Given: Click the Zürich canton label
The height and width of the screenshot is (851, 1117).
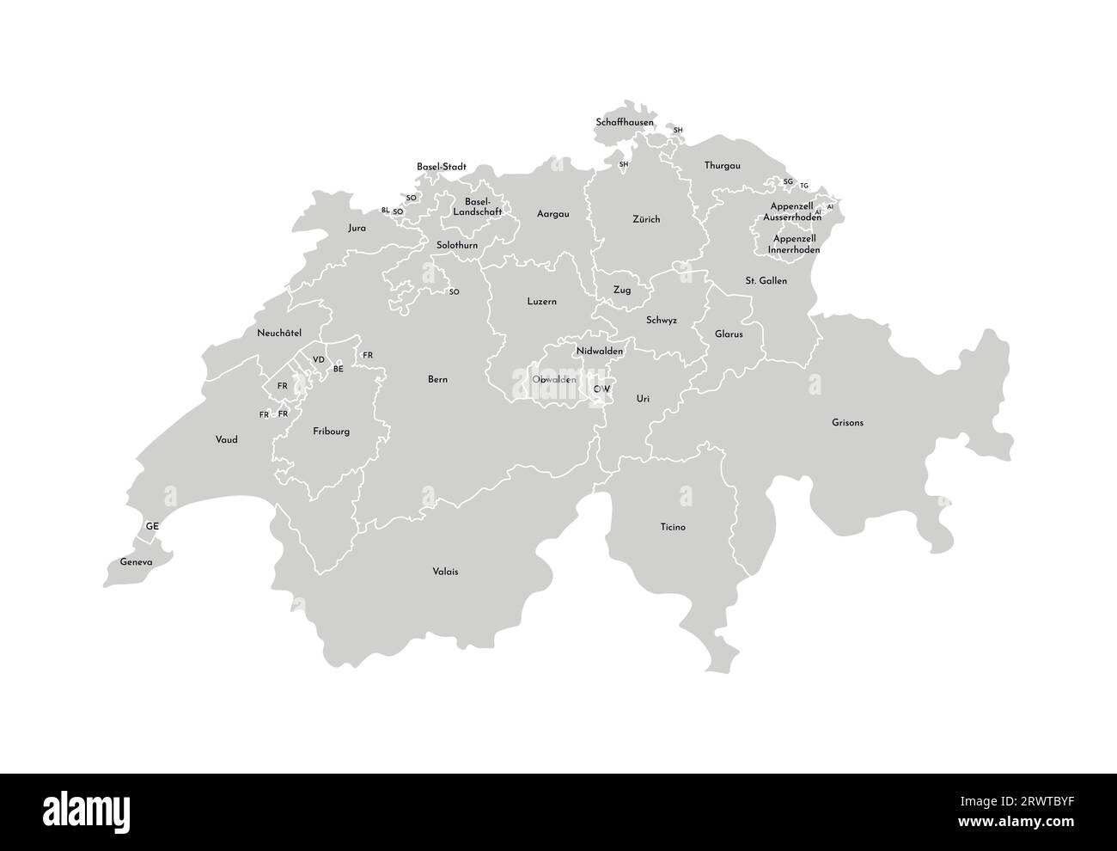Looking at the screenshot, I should [x=646, y=219].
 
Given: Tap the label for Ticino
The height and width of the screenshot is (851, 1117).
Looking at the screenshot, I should [x=673, y=527].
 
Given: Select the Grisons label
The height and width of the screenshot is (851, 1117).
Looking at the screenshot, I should [x=847, y=423].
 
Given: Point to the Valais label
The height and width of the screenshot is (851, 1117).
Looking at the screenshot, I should [x=445, y=571].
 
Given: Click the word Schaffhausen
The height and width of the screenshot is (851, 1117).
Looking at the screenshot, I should [x=625, y=123].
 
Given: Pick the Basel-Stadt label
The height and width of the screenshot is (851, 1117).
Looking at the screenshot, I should [x=441, y=166].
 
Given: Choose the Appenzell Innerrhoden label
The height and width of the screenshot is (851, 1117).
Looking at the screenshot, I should [x=793, y=243].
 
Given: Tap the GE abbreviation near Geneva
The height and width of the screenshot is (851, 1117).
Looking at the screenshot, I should [x=152, y=525].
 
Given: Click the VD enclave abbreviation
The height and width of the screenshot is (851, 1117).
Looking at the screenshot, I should [x=319, y=359].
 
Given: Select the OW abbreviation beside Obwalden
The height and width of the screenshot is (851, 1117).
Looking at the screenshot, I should [x=602, y=389].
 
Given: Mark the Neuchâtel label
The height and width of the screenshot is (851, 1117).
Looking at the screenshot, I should [x=279, y=333].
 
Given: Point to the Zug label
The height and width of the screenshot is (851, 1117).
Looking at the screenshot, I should [x=621, y=291].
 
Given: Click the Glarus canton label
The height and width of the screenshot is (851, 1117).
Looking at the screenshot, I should [x=729, y=334].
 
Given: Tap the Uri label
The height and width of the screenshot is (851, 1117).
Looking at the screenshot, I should [x=643, y=399].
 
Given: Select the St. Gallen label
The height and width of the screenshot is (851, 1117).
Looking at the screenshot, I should [x=766, y=281].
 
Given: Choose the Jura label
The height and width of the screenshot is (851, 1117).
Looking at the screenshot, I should [x=357, y=228].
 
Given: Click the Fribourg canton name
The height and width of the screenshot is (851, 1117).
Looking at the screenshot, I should [x=331, y=432].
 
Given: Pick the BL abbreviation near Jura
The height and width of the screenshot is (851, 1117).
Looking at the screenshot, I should [x=386, y=210].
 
